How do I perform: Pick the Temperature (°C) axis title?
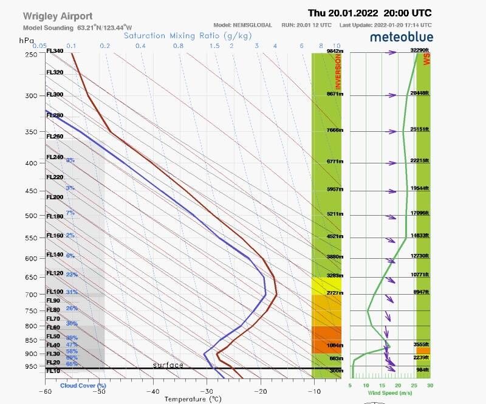click(x=193, y=399)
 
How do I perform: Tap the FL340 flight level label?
click(x=55, y=52)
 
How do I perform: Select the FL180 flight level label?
click(x=55, y=216)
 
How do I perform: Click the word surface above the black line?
click(x=168, y=365)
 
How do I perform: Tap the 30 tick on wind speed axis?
click(x=430, y=385)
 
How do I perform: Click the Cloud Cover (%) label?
click(x=83, y=385)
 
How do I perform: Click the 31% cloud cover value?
click(x=72, y=292)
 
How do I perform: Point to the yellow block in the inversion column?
click(x=326, y=283)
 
